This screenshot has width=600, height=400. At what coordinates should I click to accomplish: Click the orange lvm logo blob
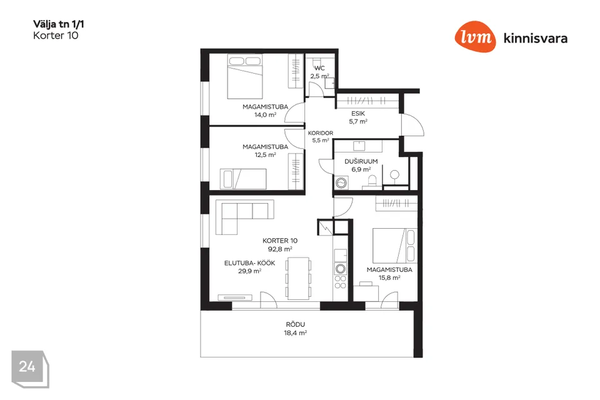(x=475, y=37)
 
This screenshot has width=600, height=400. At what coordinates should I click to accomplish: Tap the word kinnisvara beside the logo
(x=536, y=38)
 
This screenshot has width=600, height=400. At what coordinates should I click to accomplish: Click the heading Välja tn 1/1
(x=59, y=24)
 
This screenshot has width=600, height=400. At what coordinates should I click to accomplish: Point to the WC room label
(x=319, y=68)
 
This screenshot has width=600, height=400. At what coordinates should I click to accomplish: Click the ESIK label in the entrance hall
(x=358, y=114)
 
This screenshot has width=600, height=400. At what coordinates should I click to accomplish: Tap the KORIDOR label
(x=321, y=133)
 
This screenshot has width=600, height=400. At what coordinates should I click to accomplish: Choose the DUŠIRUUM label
(x=361, y=161)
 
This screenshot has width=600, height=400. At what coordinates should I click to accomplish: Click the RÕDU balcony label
(x=296, y=324)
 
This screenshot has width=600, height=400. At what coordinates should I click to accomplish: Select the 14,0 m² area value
(x=265, y=114)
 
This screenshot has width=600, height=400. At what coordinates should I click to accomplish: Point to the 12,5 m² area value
(x=265, y=154)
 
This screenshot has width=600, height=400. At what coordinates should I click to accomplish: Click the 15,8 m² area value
(x=389, y=277)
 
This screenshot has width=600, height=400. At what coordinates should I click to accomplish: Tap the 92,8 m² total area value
(x=280, y=249)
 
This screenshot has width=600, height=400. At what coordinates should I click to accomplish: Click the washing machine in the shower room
(x=341, y=182)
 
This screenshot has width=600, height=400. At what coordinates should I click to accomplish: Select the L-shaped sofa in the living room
(x=244, y=217)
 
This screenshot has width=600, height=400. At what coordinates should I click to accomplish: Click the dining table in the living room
(x=299, y=278)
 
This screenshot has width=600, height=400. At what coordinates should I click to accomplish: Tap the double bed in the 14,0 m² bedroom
(x=245, y=76)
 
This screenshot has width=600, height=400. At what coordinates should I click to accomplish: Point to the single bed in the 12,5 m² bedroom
(x=243, y=179)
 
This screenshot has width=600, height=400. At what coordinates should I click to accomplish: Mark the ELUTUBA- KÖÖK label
(x=249, y=263)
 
